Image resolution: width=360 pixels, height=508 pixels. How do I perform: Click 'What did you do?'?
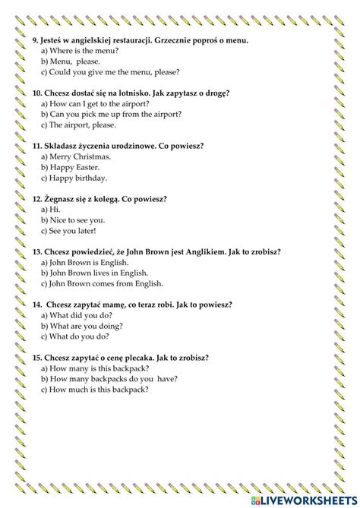[x=81, y=315]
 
